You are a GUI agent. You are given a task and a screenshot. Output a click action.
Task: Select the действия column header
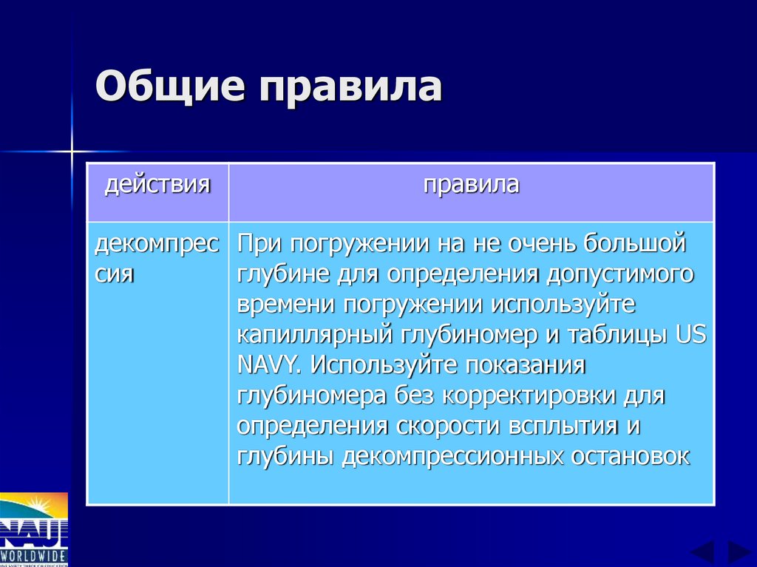[x=157, y=184]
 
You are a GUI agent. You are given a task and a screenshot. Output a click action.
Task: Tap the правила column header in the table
[x=471, y=184]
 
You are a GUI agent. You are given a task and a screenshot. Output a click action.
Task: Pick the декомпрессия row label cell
[x=157, y=259]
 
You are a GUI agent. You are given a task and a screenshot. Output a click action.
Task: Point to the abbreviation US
[x=691, y=333]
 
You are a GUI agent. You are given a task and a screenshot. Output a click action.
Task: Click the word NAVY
[x=269, y=364]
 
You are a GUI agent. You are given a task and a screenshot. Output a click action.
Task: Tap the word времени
[x=274, y=304]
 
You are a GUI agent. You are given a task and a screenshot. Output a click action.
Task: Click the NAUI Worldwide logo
[x=33, y=529]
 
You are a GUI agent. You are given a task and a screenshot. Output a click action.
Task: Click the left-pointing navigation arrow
[x=702, y=553]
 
